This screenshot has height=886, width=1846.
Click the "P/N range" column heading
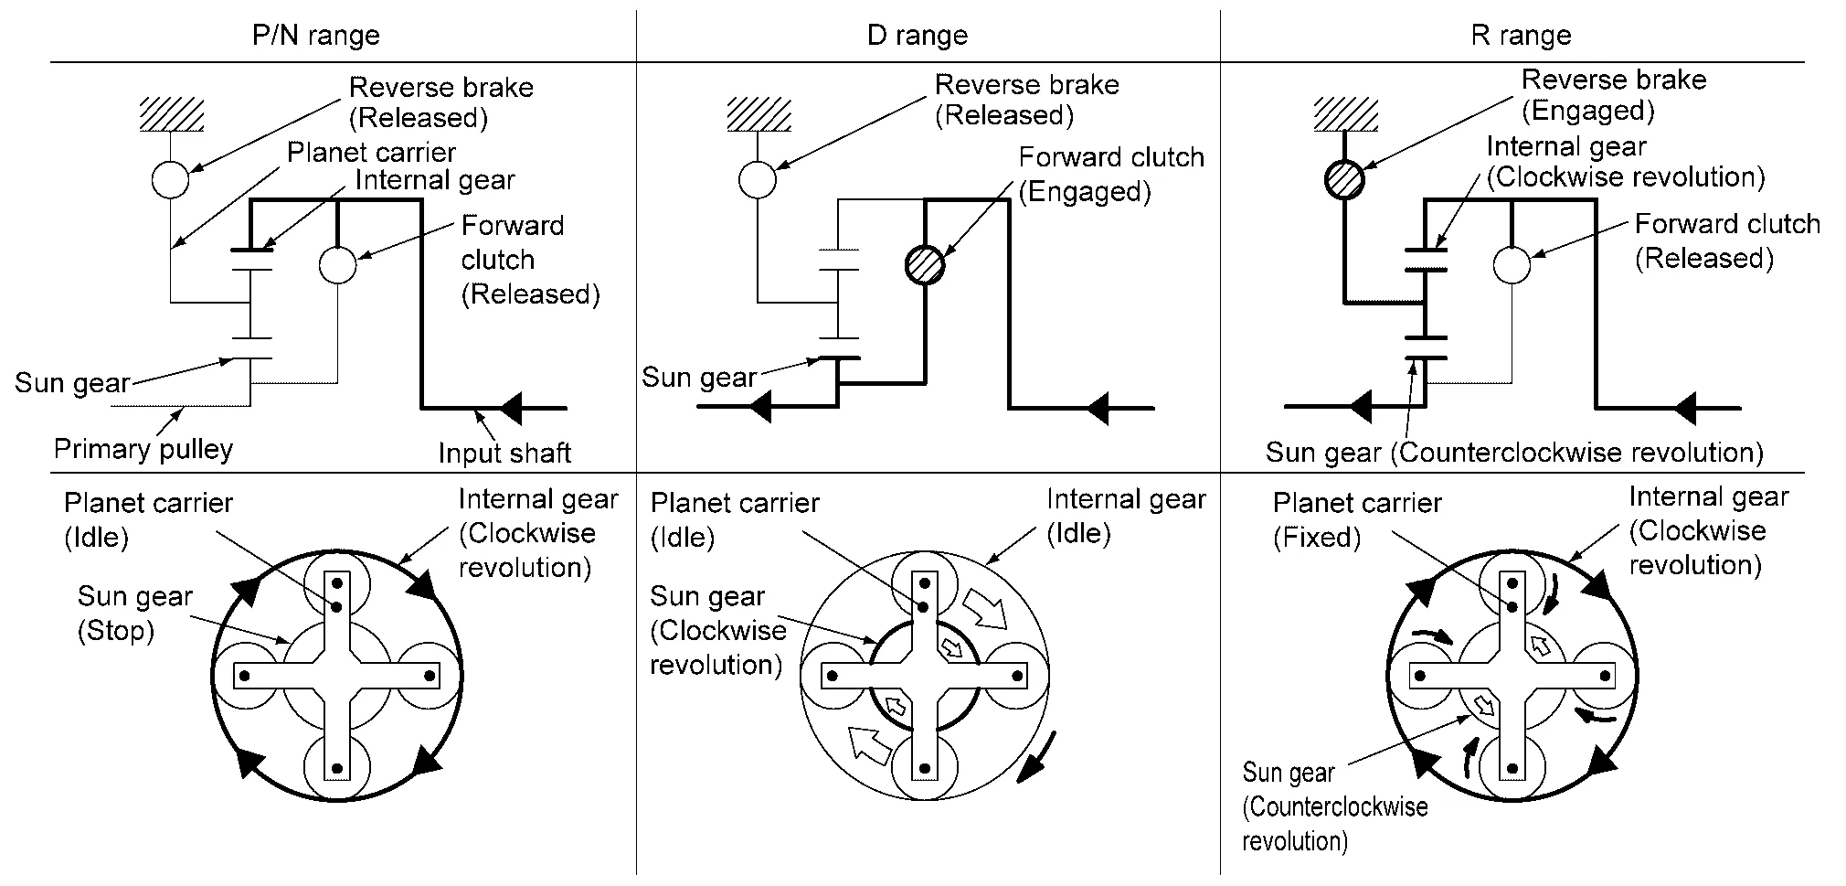315,36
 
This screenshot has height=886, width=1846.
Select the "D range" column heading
917,36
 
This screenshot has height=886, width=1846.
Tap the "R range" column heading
1521,36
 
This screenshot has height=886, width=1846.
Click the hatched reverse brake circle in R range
1344,179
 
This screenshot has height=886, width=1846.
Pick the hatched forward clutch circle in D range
925,265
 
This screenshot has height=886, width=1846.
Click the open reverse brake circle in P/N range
170,179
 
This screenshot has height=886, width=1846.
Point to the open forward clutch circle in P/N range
338,265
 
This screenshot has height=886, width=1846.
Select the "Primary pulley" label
143,449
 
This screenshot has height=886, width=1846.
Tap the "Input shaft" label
504,453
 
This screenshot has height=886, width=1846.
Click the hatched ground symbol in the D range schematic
758,114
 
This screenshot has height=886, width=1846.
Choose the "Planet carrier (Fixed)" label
1356,519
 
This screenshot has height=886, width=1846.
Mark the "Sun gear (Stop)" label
134,614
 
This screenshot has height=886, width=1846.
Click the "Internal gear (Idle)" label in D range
1125,516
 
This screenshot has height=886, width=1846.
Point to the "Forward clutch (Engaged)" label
1110,174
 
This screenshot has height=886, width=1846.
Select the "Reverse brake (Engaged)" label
1613,95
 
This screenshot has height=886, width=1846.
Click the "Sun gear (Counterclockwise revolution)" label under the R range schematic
1513,453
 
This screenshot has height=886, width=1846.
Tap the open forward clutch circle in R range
1512,265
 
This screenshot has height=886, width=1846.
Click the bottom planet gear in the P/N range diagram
336,766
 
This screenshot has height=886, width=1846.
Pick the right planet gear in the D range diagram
1015,676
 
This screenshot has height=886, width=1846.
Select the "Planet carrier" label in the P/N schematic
371,152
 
